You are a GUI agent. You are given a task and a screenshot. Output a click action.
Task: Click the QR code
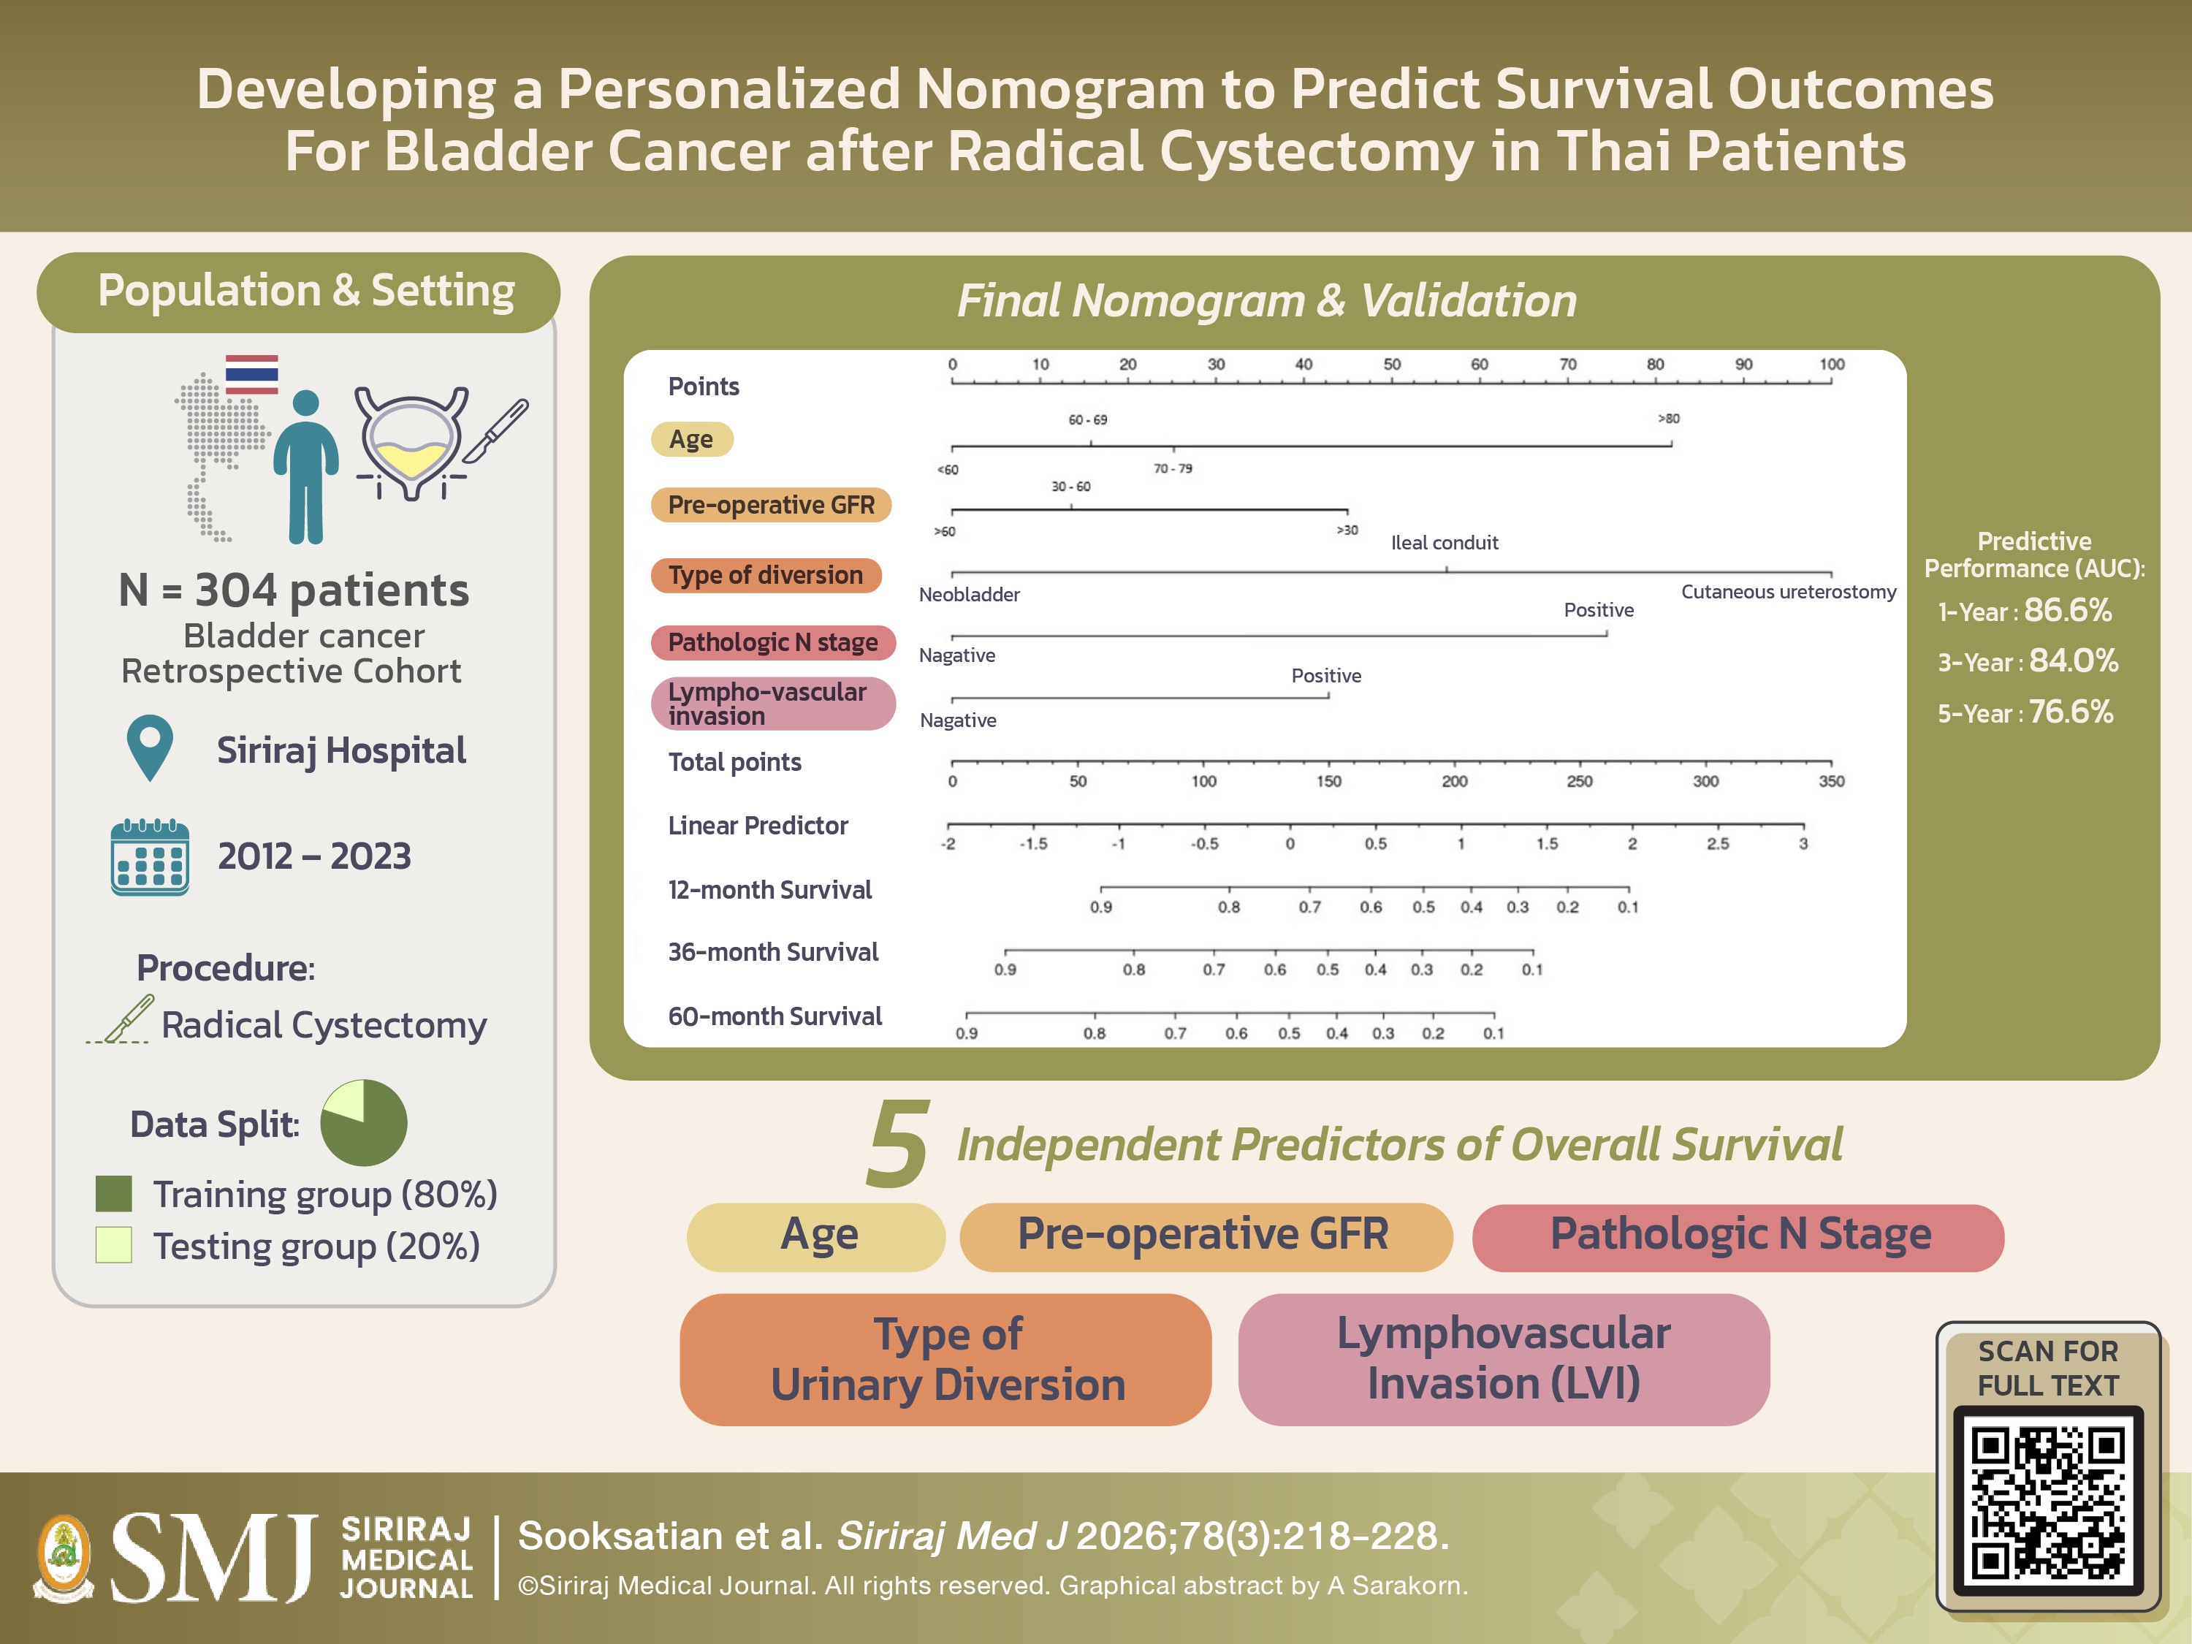click(2047, 1502)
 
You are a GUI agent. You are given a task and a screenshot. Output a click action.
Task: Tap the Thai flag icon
click(251, 375)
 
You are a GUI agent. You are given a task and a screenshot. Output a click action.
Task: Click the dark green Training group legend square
click(114, 1194)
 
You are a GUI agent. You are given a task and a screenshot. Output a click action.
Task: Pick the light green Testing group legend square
click(114, 1244)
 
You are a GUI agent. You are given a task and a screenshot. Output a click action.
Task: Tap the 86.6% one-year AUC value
click(2067, 610)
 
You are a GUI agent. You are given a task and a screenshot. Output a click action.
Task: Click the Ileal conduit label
click(1444, 543)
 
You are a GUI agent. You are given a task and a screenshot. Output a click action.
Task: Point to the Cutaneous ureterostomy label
click(1788, 592)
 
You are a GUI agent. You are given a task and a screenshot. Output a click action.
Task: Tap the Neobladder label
click(968, 595)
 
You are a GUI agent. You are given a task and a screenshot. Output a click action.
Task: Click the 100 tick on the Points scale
click(1831, 365)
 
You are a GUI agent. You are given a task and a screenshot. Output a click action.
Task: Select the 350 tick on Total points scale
click(1831, 781)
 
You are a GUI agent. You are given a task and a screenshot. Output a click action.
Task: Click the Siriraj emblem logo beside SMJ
click(64, 1558)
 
